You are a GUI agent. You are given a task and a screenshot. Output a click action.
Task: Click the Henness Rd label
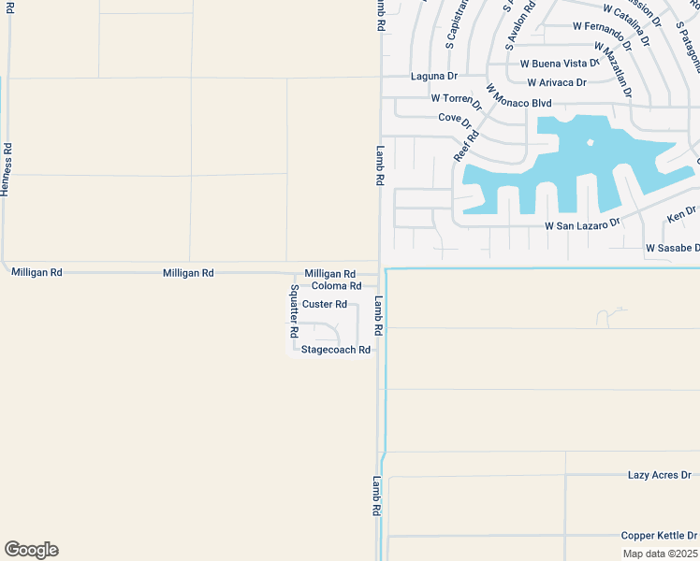coord(7,169)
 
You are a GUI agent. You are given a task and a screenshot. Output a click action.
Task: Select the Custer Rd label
coord(325,305)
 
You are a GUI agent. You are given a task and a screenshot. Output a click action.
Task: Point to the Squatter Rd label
coord(294,311)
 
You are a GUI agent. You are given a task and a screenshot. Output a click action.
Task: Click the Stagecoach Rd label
coord(336,350)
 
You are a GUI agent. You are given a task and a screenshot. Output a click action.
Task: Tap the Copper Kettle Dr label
coord(659,536)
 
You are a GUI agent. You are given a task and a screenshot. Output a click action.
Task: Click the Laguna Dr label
coord(433,76)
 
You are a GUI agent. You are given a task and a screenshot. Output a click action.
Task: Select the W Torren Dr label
coord(456,99)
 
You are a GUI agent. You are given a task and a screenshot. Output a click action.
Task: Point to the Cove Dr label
coord(455,120)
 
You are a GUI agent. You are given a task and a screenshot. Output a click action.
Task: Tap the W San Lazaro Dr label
coord(583,225)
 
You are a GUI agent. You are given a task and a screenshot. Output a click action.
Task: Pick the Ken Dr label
coord(681,214)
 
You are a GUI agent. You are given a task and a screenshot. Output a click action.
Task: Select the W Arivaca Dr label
coord(556,82)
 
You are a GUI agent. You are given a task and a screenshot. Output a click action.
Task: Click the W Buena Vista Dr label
coord(559,64)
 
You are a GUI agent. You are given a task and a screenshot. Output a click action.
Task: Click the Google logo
coord(31,550)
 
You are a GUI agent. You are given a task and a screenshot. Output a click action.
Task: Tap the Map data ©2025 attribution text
coord(661,554)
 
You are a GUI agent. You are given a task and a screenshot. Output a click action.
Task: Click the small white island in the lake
coord(590,143)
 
